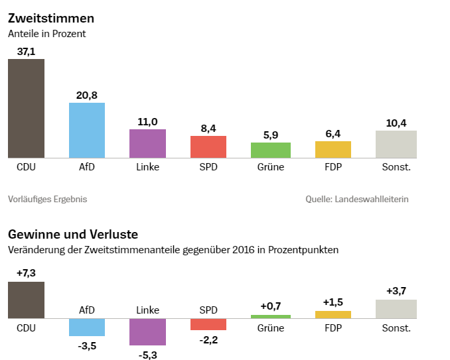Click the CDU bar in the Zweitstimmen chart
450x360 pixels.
point(26,108)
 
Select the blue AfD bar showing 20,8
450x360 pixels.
point(87,130)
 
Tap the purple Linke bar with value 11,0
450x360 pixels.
point(147,143)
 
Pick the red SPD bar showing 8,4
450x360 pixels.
point(208,147)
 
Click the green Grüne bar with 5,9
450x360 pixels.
point(271,150)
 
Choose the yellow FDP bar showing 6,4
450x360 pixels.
point(333,149)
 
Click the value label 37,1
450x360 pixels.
point(26,51)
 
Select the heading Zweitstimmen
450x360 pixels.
point(50,18)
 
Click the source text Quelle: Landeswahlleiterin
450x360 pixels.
point(357,199)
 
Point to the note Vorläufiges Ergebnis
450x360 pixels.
point(47,199)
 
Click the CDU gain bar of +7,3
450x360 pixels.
point(26,300)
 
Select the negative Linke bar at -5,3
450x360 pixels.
point(147,331)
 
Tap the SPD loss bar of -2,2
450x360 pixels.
point(208,324)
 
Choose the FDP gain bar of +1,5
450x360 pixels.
point(333,315)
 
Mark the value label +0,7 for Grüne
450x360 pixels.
point(271,306)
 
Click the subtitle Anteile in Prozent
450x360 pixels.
point(47,33)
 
